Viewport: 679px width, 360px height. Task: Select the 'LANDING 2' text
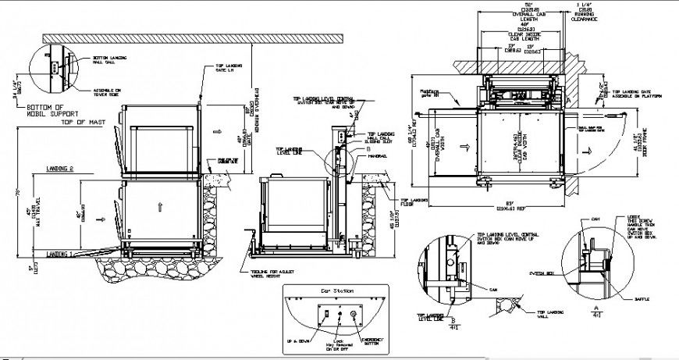[59, 169]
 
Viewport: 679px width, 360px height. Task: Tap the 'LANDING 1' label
[59, 255]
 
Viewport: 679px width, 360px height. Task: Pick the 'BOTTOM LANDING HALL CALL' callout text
[108, 59]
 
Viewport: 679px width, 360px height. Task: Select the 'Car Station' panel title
[333, 290]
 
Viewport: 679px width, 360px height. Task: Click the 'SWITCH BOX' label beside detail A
[542, 273]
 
